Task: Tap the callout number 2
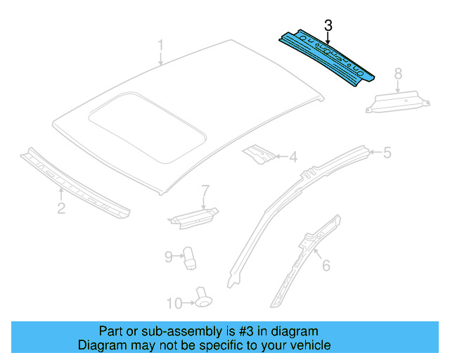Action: pyautogui.click(x=61, y=207)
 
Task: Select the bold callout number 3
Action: pyautogui.click(x=328, y=26)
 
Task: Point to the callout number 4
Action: pyautogui.click(x=293, y=157)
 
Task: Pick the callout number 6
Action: pyautogui.click(x=326, y=265)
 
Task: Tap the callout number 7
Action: pyautogui.click(x=205, y=191)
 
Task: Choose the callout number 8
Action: pyautogui.click(x=397, y=73)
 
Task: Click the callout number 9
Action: pyautogui.click(x=168, y=257)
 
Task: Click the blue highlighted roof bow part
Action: pyautogui.click(x=325, y=57)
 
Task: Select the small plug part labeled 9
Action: pyautogui.click(x=190, y=257)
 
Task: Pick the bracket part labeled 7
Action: pyautogui.click(x=191, y=215)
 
